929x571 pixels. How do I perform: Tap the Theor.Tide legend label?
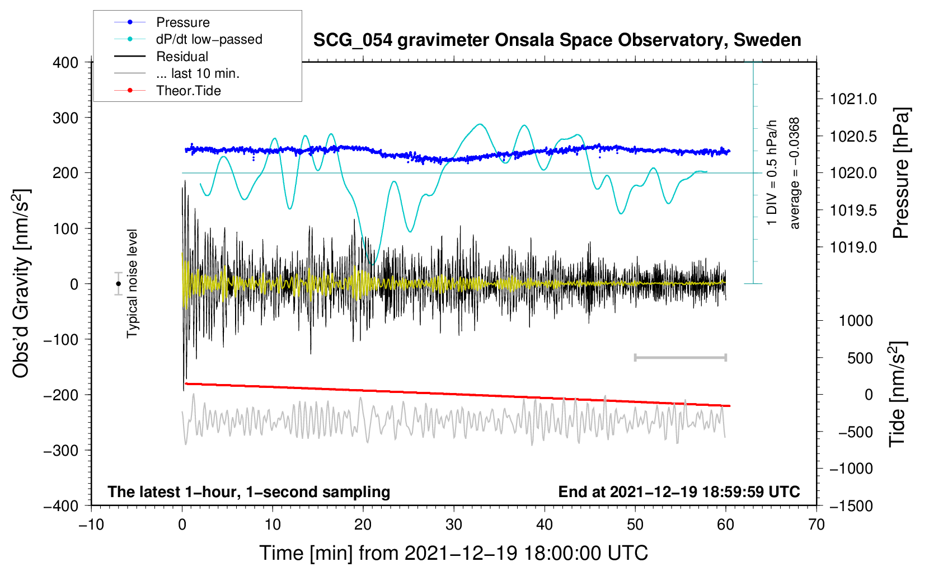tap(188, 91)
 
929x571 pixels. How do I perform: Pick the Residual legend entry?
tap(182, 57)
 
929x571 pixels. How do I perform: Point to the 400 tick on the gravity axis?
tap(65, 63)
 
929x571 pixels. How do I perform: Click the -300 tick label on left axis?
tap(61, 451)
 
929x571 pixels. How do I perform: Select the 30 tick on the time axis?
tap(454, 525)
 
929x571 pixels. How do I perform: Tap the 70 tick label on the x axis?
tap(816, 525)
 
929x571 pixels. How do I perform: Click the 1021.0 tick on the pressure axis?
tap(853, 99)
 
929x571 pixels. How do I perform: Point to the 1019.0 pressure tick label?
tap(853, 247)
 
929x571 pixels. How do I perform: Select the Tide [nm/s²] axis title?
tap(898, 394)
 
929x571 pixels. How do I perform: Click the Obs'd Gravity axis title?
tap(21, 283)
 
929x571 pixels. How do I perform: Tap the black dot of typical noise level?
tap(119, 284)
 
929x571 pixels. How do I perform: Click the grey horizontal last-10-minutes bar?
tap(680, 357)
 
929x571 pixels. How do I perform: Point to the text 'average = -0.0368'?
tap(794, 173)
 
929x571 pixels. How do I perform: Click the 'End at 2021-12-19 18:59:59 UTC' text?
tap(679, 492)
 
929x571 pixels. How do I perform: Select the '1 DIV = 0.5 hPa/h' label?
tap(771, 173)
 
